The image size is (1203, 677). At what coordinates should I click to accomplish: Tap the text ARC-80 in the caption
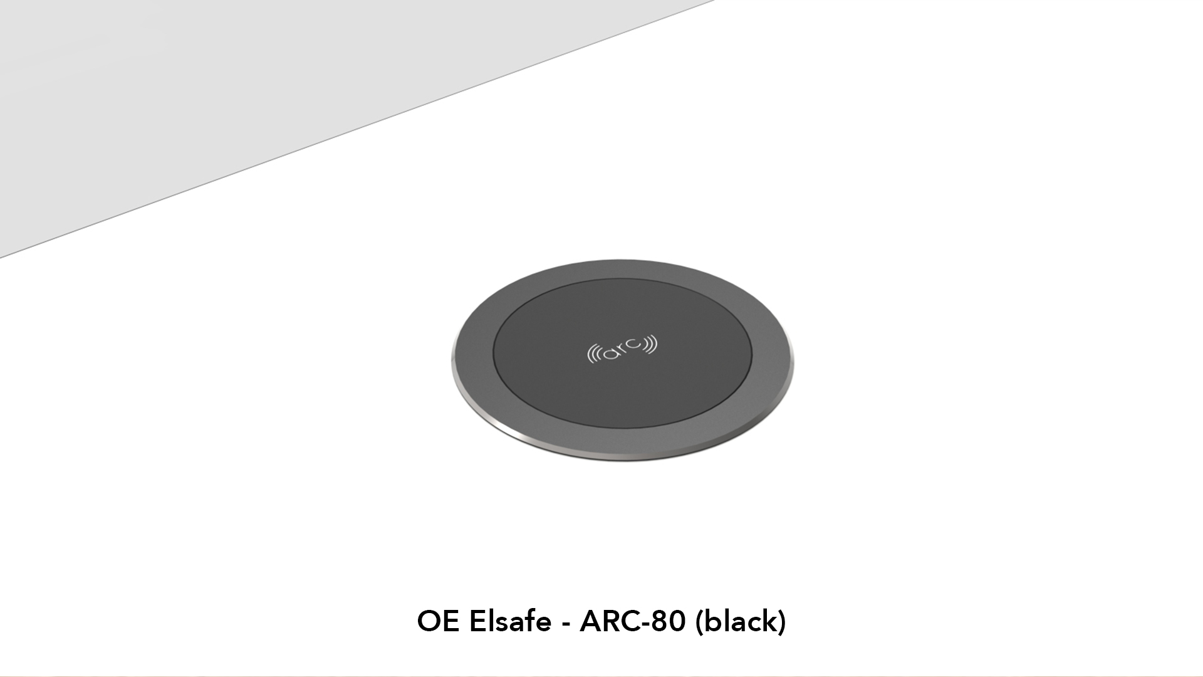633,621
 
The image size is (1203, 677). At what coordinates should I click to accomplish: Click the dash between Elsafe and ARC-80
566,624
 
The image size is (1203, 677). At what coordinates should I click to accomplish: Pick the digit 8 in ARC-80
660,621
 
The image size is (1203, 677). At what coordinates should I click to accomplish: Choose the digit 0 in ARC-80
678,621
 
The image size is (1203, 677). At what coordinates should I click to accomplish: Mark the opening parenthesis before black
699,622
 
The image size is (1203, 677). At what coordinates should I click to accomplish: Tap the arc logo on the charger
622,349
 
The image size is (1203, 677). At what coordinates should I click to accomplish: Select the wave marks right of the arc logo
651,343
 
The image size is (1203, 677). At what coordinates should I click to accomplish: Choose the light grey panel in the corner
219,94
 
